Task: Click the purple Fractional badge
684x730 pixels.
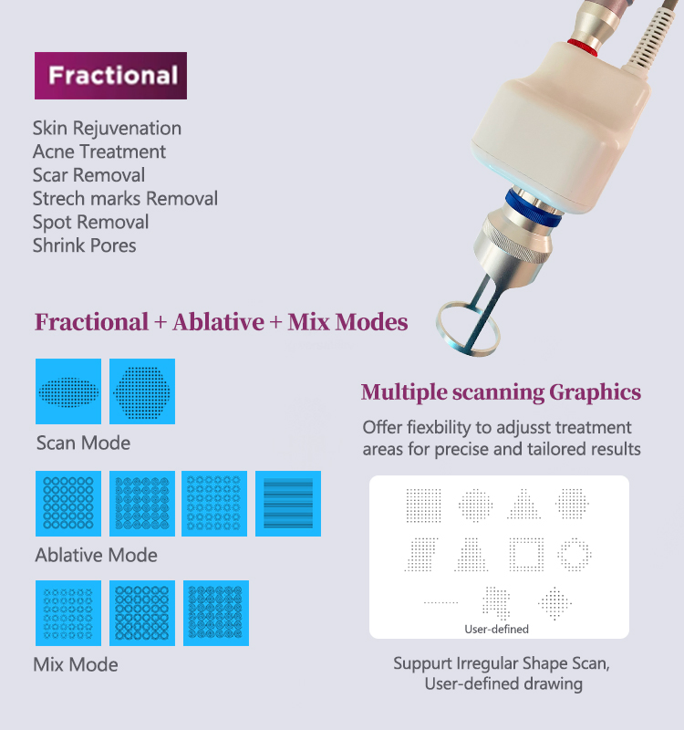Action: pyautogui.click(x=110, y=75)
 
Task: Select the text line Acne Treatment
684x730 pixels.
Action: pyautogui.click(x=99, y=151)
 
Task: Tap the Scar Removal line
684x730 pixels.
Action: pyautogui.click(x=88, y=175)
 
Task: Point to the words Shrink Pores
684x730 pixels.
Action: pyautogui.click(x=84, y=245)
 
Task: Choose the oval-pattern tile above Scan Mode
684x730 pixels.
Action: pyautogui.click(x=68, y=391)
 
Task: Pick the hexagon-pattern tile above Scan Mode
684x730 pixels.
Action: pyautogui.click(x=142, y=391)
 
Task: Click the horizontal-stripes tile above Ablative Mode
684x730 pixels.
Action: pyautogui.click(x=288, y=504)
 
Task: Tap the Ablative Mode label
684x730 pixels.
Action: pyautogui.click(x=96, y=555)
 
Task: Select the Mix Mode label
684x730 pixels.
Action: pyautogui.click(x=76, y=664)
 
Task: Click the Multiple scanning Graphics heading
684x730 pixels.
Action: pyautogui.click(x=501, y=392)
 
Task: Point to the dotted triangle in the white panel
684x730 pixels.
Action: pyautogui.click(x=524, y=504)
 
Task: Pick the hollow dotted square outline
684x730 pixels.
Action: pyautogui.click(x=525, y=552)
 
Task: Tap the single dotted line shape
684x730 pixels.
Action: pyautogui.click(x=441, y=602)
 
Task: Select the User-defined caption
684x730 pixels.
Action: pyautogui.click(x=497, y=629)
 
